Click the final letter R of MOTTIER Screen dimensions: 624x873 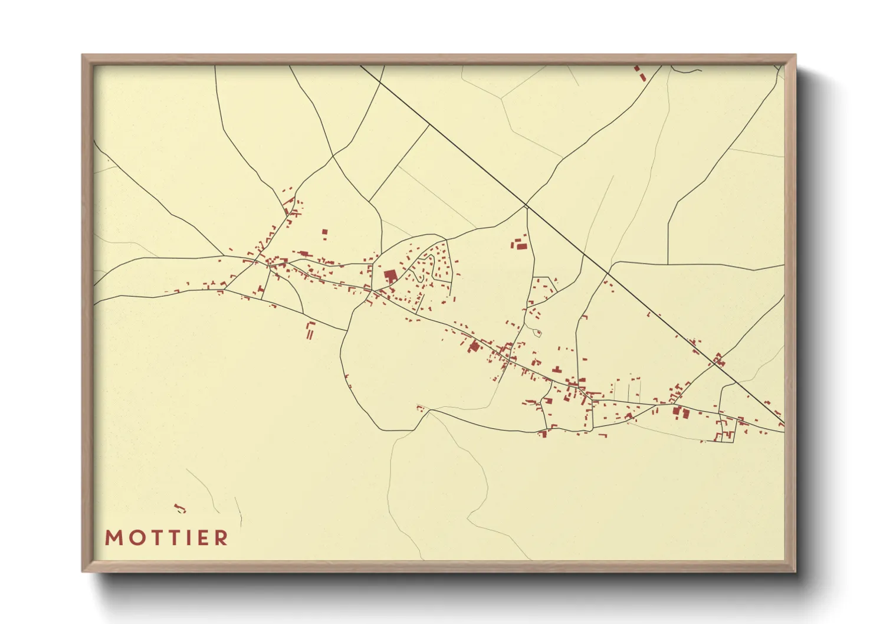(221, 538)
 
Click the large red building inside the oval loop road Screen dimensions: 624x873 (390, 276)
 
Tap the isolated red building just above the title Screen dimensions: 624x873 (179, 508)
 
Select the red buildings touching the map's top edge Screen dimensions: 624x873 (639, 73)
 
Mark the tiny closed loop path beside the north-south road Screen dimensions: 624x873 (537, 333)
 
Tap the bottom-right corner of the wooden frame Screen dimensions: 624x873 (795, 571)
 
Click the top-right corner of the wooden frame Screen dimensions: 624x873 (795, 55)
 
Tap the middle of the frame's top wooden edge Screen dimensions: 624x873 (439, 59)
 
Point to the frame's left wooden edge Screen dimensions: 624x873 (87, 313)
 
